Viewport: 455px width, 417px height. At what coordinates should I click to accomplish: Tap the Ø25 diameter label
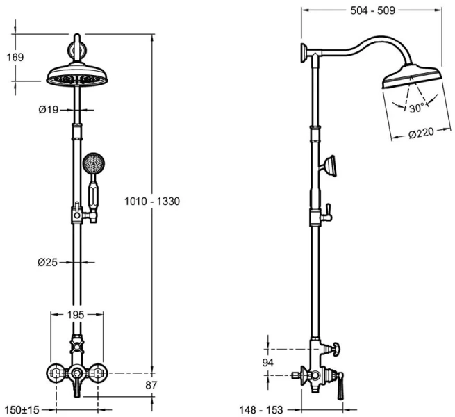(x=49, y=262)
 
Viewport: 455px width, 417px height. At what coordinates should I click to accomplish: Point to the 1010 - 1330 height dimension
(x=152, y=202)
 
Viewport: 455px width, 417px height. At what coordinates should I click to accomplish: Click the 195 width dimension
(x=76, y=315)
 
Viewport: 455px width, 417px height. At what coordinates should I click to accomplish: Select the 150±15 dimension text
(x=22, y=409)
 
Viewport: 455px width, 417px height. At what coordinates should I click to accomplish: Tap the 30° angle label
(x=417, y=108)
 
